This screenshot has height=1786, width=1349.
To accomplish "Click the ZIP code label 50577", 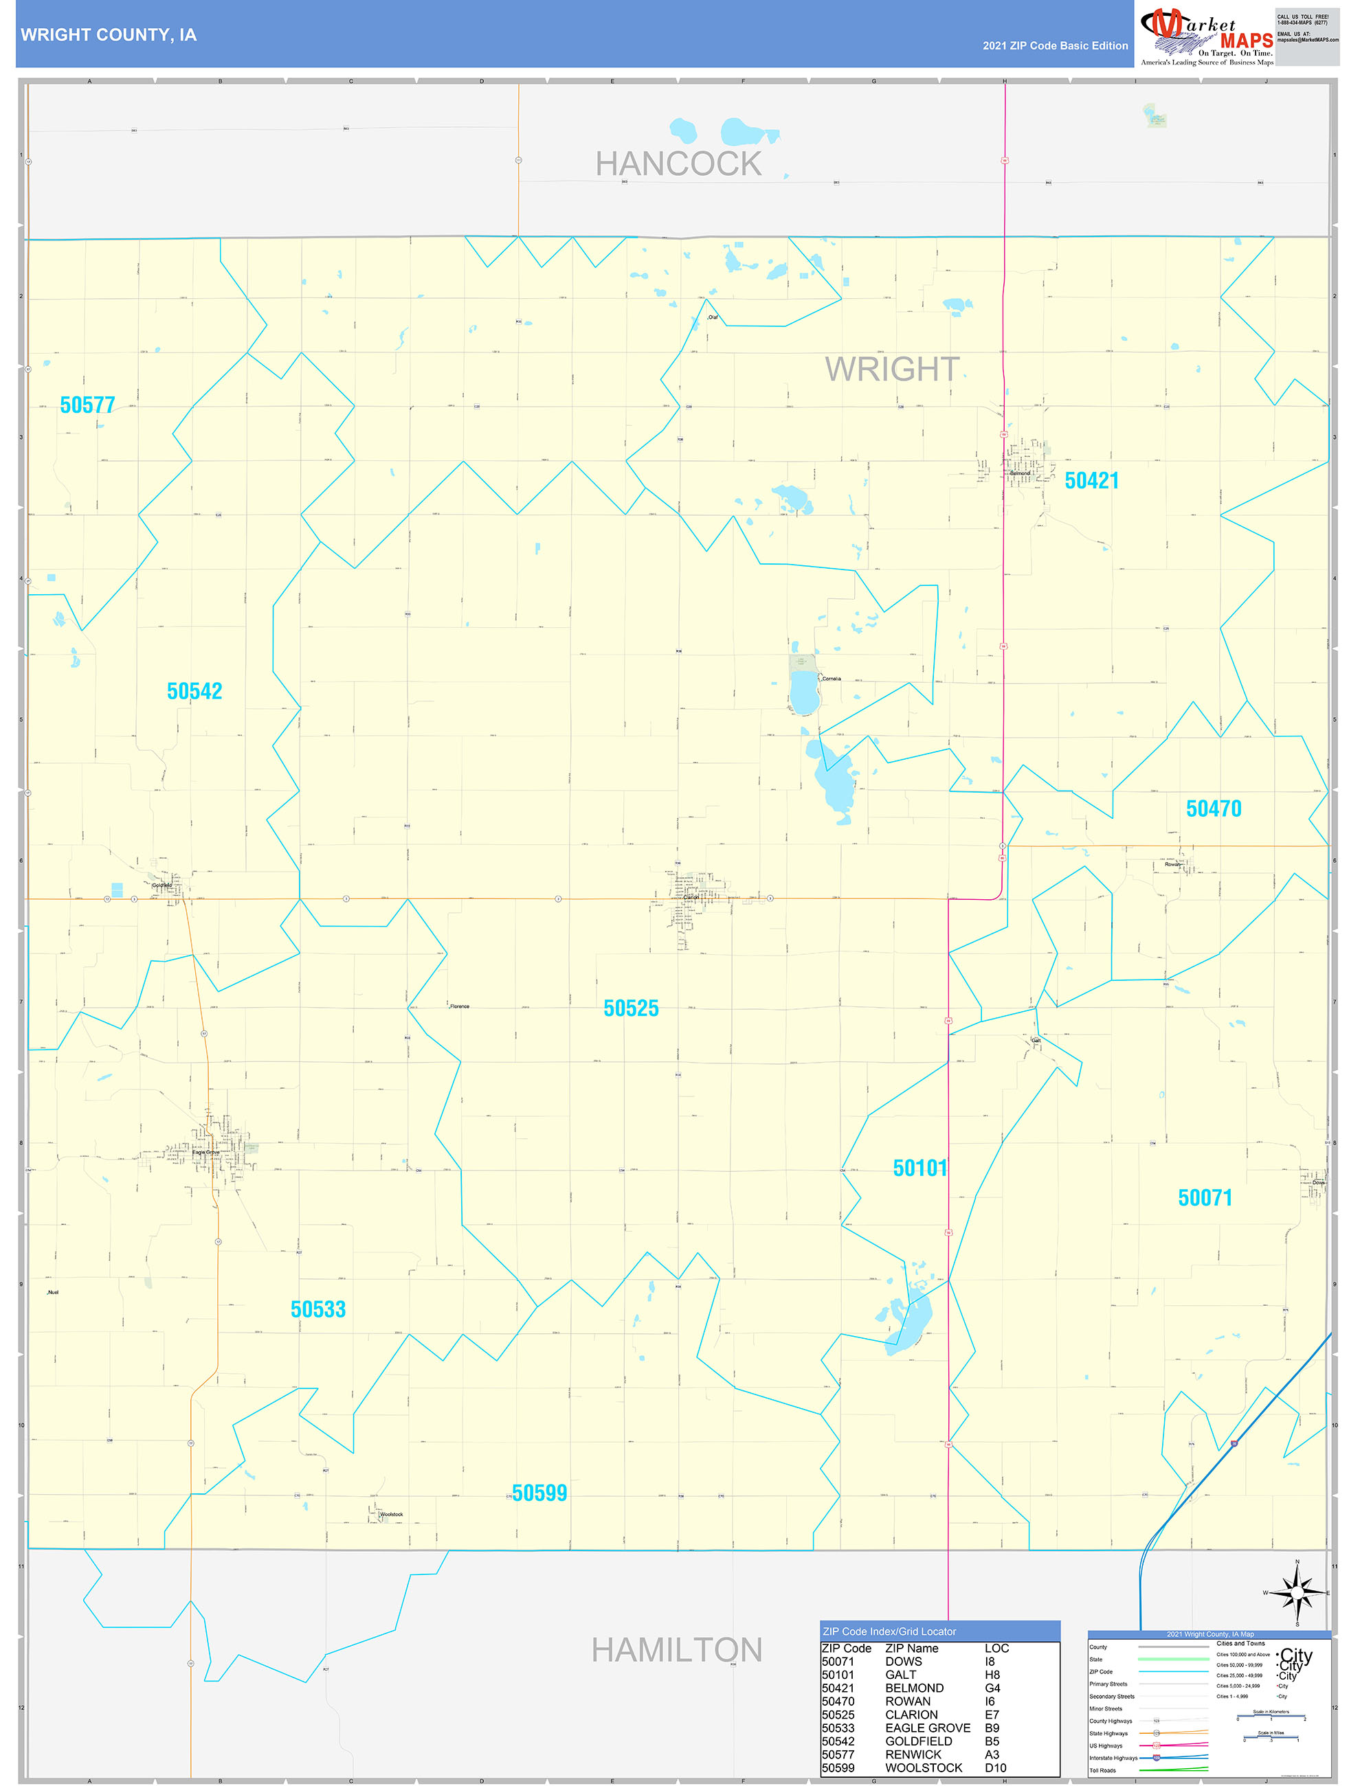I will pos(87,405).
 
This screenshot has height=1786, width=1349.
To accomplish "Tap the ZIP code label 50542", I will pos(194,691).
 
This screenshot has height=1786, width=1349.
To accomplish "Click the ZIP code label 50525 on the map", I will pos(631,1008).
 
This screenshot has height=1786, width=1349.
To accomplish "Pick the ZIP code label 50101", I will pos(919,1168).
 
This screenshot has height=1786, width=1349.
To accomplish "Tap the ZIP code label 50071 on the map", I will pos(1205,1197).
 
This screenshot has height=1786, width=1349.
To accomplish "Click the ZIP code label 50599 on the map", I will pos(539,1493).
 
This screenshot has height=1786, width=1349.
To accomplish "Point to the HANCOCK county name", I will pos(678,164).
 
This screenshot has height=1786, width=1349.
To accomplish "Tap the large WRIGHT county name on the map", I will pos(892,369).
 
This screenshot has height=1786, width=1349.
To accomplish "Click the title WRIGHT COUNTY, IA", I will pos(109,35).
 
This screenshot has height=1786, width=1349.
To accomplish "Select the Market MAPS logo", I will pos(1206,36).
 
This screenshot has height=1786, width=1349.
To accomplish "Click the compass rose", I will pos(1297,1592).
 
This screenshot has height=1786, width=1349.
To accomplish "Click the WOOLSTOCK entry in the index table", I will pos(924,1767).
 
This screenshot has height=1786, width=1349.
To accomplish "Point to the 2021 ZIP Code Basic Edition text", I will pos(1055,46).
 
